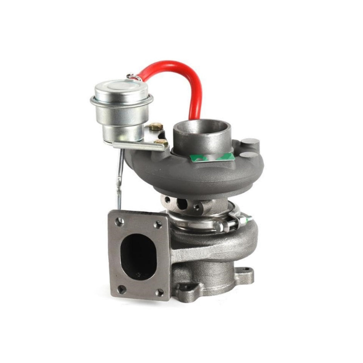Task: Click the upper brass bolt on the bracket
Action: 156,126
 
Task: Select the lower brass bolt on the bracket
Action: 161,142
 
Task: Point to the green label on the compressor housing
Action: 213,157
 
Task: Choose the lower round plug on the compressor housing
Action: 248,155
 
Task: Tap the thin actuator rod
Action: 119,178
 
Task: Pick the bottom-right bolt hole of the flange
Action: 160,292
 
